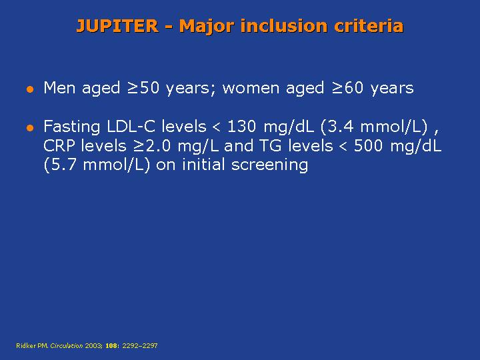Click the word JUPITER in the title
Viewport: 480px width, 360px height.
point(117,26)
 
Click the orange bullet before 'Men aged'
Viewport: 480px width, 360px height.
point(30,89)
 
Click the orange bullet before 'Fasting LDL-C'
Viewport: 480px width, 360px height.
point(30,128)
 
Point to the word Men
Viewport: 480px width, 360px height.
point(59,87)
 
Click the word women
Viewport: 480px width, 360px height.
point(251,88)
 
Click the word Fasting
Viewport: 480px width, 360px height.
point(71,127)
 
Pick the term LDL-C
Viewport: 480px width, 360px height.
point(131,126)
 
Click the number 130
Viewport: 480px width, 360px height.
point(241,126)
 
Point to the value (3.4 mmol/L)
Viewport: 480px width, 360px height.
point(374,127)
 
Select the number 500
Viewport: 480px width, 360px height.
point(368,146)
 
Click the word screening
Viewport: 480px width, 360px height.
point(269,165)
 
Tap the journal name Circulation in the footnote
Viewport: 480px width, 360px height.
point(67,345)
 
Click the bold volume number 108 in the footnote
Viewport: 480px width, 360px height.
point(111,345)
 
